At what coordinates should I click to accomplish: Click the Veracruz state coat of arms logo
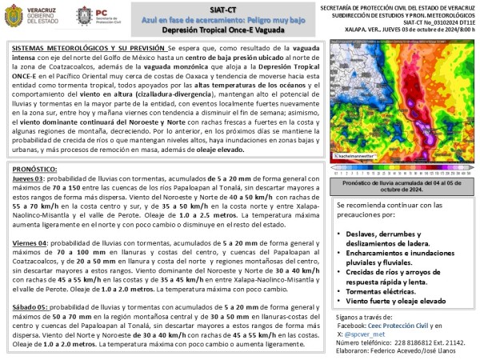pyautogui.click(x=18, y=18)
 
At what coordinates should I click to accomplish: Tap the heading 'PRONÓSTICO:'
pyautogui.click(x=38, y=169)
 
